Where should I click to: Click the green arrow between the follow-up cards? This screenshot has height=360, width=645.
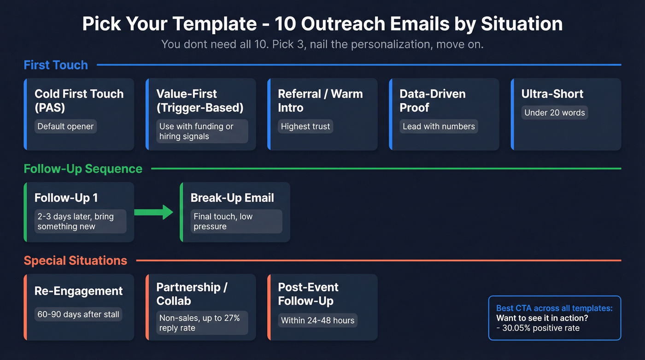point(153,212)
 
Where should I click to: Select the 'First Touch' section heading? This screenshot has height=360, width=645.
point(56,65)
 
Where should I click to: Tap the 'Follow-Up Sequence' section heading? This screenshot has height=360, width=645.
point(83,169)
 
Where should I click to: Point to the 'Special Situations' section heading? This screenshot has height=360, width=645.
point(76,260)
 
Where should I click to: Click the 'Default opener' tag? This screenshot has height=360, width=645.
point(65,126)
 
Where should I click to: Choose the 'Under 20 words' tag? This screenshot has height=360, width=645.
point(555,112)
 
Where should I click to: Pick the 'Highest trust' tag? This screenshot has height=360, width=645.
point(305,126)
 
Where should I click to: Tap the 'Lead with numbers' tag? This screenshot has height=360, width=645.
point(439,126)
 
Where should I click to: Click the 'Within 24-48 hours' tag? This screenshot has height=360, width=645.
point(318,320)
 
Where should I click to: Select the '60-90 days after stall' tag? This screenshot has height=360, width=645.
point(78,314)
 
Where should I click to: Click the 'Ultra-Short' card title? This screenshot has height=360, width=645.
point(552,94)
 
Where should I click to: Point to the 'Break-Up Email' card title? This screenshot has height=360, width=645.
point(232,198)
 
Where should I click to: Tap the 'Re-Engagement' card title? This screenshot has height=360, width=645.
point(79,291)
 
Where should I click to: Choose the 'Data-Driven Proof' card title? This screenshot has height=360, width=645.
point(433,100)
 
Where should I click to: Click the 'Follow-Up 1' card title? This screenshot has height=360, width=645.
point(66,198)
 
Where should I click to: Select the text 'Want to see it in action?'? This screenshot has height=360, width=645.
point(542,318)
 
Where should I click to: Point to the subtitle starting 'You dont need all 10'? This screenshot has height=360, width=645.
point(322,45)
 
